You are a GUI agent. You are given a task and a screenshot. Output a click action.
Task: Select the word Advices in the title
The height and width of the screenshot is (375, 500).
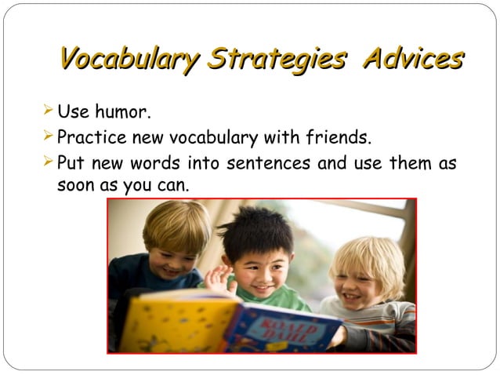click(412, 59)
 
